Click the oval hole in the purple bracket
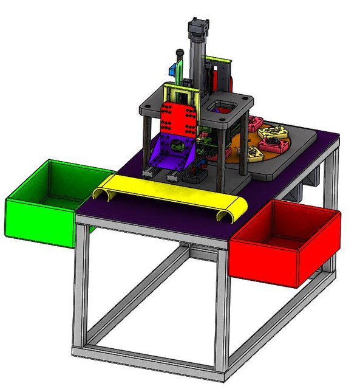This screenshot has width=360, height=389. click(x=176, y=146)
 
